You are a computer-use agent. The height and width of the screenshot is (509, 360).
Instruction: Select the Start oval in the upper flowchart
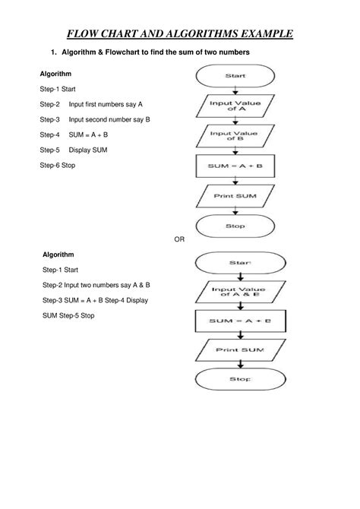click(235, 76)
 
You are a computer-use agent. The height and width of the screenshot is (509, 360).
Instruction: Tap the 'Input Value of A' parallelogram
click(235, 106)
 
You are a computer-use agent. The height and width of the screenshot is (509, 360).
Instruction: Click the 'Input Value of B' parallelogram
click(235, 136)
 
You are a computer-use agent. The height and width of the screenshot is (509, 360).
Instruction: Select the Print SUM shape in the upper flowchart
click(235, 197)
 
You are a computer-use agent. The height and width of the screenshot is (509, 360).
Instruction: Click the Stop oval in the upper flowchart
click(235, 226)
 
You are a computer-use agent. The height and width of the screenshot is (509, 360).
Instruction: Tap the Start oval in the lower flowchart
click(235, 263)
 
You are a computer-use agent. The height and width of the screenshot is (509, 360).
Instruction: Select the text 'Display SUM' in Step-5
click(88, 150)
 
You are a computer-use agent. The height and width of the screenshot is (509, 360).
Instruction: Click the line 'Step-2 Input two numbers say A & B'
click(96, 285)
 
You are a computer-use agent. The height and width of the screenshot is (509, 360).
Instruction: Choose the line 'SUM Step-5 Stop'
click(68, 315)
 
